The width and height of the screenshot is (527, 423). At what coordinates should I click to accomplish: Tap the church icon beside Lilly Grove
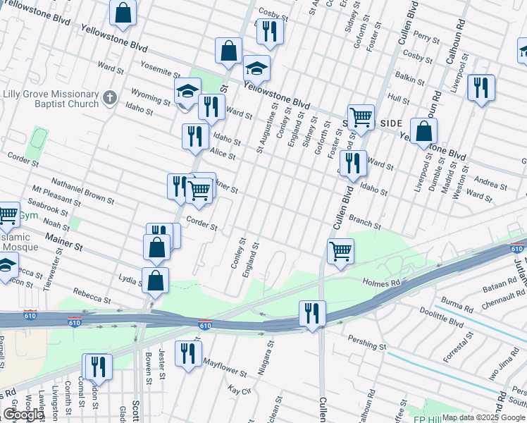coord(109,96)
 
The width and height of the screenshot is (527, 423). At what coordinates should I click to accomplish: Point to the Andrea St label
coord(490,183)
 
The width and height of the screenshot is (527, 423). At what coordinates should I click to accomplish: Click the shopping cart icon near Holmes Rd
coord(340,251)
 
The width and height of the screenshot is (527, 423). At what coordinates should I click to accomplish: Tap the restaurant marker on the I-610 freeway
coord(311,313)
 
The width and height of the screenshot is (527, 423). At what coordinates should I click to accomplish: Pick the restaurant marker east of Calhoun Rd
coord(481,87)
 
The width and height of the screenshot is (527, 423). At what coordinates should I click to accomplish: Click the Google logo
coord(23,415)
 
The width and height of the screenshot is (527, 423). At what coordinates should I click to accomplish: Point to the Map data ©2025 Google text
coord(483,417)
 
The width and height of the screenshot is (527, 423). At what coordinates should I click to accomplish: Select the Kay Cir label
coord(240,390)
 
